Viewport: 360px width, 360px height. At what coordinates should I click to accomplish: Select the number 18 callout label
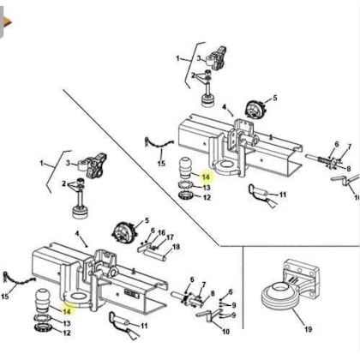click(176, 247)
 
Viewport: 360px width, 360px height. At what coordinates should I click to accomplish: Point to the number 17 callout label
click(170, 237)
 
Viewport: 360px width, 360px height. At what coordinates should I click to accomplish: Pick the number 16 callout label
click(160, 232)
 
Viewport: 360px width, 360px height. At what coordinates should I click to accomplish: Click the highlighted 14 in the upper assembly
click(205, 175)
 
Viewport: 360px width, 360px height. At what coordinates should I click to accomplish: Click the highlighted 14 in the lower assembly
click(67, 311)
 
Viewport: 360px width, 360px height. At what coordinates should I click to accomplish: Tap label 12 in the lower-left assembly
click(67, 333)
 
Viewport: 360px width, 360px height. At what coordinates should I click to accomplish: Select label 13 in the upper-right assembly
click(206, 187)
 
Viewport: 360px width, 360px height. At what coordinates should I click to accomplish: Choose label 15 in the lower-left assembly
click(7, 297)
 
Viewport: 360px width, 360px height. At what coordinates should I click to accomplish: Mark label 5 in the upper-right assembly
click(273, 98)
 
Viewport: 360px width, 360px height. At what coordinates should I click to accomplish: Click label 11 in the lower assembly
click(143, 327)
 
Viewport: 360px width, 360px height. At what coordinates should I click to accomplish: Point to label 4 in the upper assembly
click(225, 109)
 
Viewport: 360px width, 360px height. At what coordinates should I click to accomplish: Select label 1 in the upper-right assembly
click(180, 58)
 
